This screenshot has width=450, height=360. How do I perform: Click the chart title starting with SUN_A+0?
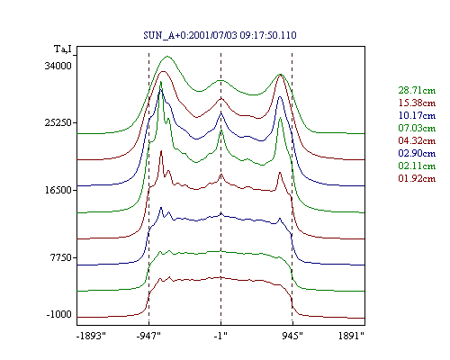220,35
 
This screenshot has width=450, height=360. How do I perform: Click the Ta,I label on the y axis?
63,49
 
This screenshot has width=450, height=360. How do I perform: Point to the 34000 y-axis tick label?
58,66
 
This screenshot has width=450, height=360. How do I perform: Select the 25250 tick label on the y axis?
58,122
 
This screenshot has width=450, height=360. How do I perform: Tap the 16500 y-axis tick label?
58,190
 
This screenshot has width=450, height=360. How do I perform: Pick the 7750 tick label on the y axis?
60,257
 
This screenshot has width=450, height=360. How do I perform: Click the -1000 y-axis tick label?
58,314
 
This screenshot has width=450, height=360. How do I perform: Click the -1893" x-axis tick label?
91,336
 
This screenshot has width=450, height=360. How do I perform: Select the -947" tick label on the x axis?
148,336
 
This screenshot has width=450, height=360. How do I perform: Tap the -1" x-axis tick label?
220,336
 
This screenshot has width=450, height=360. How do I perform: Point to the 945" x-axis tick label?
292,336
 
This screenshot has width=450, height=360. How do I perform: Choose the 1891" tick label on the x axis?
351,336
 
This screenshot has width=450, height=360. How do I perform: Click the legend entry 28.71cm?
417,90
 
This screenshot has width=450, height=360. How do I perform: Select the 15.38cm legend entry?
417,103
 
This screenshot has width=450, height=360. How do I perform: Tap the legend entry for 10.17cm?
417,115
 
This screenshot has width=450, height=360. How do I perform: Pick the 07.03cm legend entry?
417,128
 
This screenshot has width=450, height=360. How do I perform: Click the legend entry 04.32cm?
417,140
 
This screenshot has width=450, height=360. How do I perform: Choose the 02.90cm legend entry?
417,153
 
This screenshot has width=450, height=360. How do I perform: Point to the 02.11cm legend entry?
417,166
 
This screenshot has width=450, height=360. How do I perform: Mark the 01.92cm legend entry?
417,178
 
